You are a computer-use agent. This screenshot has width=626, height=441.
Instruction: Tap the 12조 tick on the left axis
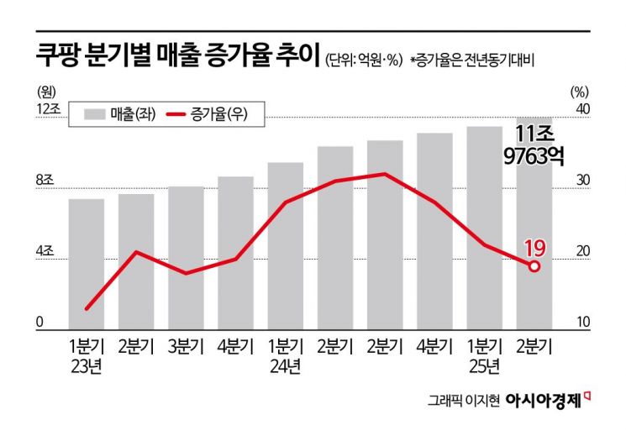pos(43,109)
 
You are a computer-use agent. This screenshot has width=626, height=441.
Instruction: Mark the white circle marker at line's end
pos(534,265)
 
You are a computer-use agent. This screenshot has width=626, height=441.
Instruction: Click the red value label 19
pos(535,247)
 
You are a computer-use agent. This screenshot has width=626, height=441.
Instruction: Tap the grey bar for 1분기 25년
pos(484,227)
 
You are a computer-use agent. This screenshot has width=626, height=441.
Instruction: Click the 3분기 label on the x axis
pos(186,345)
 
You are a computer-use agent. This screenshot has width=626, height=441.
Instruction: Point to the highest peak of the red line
pos(385,174)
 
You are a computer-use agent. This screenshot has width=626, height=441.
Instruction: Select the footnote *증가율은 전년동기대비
pos(472,60)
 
